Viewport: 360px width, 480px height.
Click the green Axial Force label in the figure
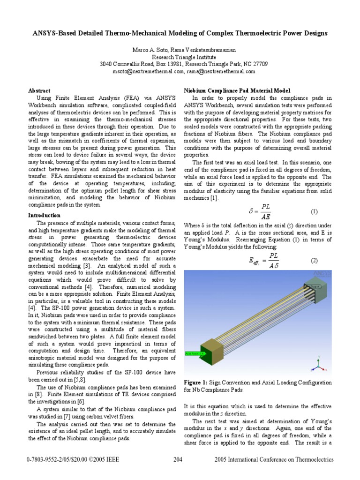[x=195, y=353]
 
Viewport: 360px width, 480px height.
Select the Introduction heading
[x=45, y=215]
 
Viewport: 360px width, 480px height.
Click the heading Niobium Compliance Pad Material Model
[x=237, y=90]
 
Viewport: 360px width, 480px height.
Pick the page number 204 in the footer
[x=178, y=460]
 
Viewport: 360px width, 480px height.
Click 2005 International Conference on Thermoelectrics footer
[x=274, y=460]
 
